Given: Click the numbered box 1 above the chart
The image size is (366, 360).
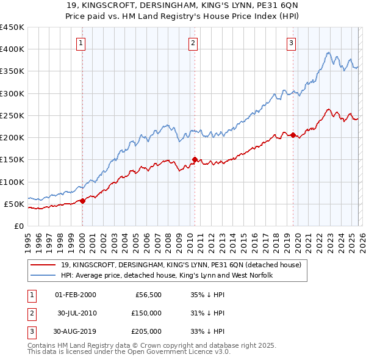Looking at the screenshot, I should [x=82, y=43].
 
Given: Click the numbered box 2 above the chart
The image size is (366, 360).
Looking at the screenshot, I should [x=193, y=43].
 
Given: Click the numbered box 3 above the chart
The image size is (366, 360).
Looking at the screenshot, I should [x=292, y=43].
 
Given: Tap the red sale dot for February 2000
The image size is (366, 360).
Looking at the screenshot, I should [x=82, y=201].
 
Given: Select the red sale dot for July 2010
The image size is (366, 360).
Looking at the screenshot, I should [x=195, y=160].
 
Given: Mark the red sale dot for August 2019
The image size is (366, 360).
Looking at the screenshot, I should [x=293, y=135].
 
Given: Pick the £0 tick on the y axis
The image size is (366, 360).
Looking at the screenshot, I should [x=18, y=226].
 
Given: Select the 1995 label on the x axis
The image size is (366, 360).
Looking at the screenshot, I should [x=28, y=239].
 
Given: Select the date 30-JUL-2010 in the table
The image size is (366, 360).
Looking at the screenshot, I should [x=76, y=313].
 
